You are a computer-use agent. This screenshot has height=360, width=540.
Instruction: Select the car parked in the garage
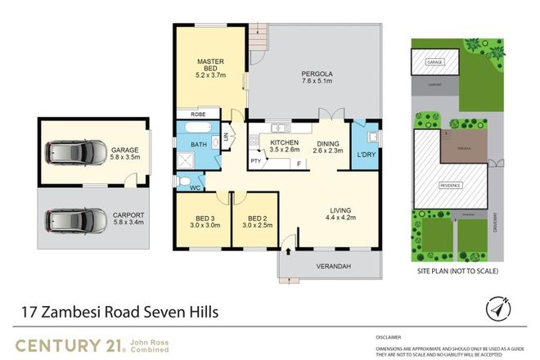click(x=76, y=152)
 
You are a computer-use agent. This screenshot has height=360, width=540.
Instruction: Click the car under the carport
click(x=76, y=219)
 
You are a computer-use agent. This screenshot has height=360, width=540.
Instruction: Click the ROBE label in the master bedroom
click(x=196, y=115)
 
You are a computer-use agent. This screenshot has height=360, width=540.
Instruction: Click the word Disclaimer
click(x=389, y=336)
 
